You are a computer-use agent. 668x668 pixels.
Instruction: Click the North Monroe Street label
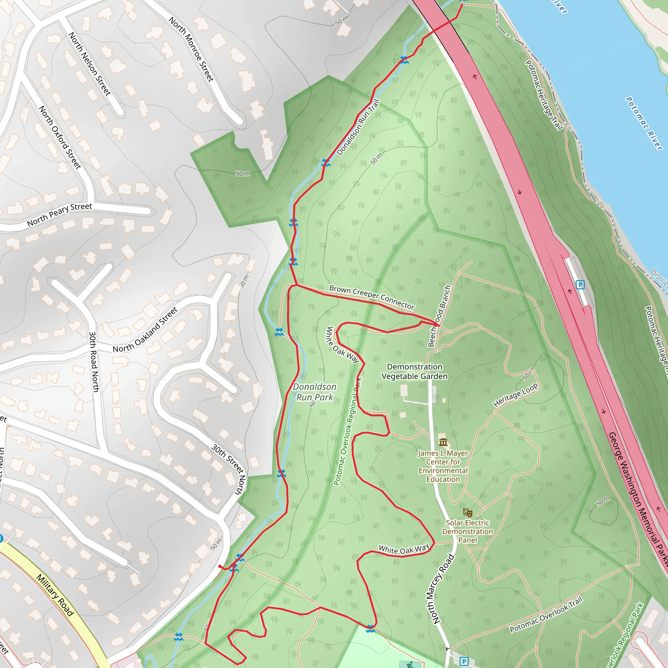(191, 49)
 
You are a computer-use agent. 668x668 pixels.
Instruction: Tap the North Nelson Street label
(90, 64)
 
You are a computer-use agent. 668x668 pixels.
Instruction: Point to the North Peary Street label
(59, 215)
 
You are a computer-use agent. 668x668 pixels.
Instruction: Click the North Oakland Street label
(145, 330)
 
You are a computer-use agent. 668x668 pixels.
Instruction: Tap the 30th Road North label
(94, 362)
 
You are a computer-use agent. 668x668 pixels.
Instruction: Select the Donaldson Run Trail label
(358, 127)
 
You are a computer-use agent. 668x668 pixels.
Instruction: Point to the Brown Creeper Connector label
(372, 297)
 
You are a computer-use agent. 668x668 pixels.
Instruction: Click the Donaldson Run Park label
(315, 392)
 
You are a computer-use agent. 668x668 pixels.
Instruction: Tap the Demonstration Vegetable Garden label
(415, 371)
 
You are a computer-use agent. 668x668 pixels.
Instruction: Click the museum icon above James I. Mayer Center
(443, 442)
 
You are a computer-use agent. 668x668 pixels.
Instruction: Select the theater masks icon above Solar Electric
(467, 512)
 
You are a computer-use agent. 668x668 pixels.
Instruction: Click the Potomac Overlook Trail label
(546, 615)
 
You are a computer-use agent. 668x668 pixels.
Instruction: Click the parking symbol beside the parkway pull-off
(580, 284)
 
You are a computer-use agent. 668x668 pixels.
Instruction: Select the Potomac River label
(644, 123)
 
